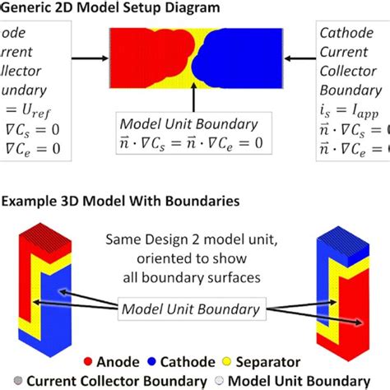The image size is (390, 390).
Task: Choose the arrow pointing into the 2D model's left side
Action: pyautogui.click(x=91, y=58)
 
